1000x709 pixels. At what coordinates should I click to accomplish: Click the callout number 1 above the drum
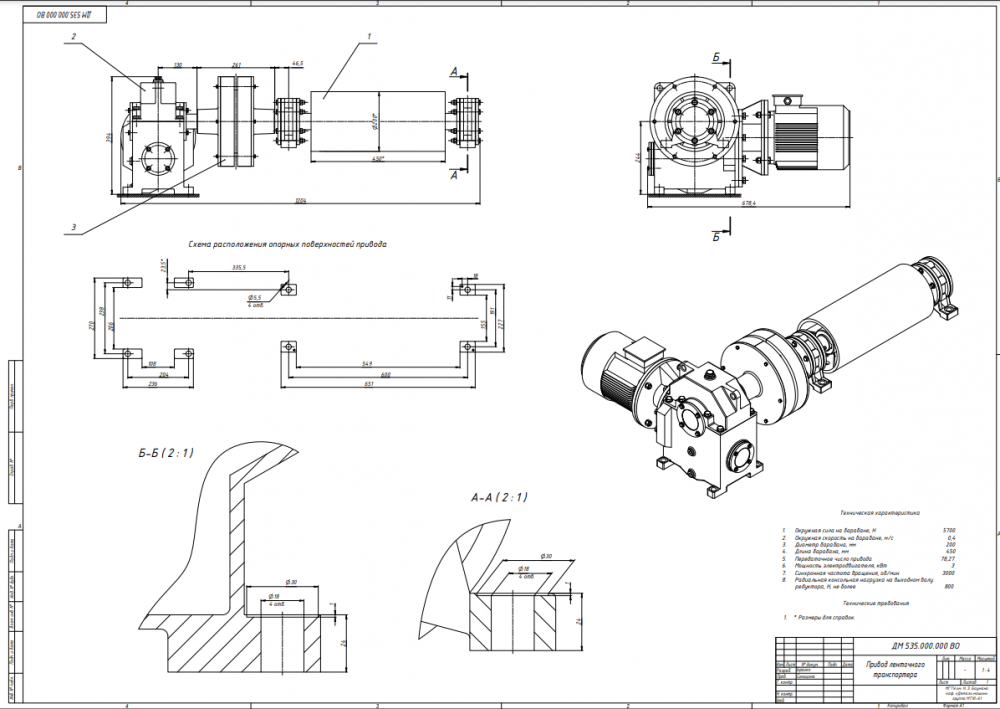point(370,36)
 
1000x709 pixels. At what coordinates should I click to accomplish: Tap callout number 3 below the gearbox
point(73,227)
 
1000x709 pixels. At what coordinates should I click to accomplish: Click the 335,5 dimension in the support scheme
point(238,268)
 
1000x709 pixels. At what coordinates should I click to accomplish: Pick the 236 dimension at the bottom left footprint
point(153,383)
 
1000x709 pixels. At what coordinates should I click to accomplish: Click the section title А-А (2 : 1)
point(498,497)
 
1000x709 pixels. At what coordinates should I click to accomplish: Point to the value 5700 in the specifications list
point(949,530)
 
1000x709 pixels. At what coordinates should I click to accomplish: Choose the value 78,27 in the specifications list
point(949,559)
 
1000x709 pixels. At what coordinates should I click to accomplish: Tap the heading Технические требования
point(876,604)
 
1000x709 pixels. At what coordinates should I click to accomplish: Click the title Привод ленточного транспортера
point(894,669)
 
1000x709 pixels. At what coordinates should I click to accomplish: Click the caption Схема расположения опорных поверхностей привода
point(287,244)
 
